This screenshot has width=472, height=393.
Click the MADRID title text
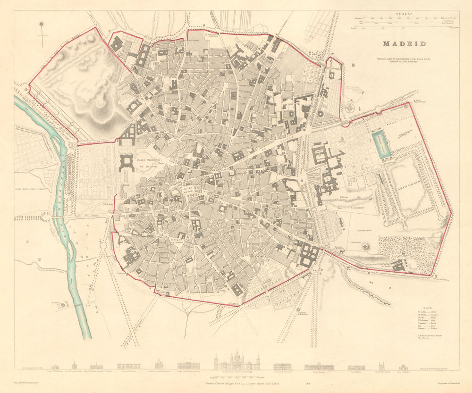click(x=404, y=44)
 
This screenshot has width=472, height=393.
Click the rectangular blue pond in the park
click(x=381, y=144)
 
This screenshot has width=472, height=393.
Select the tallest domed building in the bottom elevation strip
click(x=236, y=361)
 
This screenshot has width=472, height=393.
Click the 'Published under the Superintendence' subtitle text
click(x=404, y=61)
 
